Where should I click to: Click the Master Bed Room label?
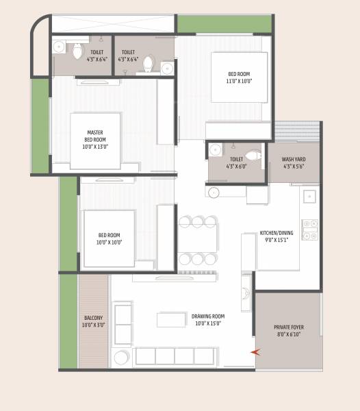click(96, 136)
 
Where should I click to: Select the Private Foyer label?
click(288, 327)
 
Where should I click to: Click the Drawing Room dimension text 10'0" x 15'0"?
click(208, 324)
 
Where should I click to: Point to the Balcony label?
click(94, 318)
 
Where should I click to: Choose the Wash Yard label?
click(294, 159)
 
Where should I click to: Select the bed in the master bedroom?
click(96, 140)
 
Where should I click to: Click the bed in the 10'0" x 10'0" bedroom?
click(109, 238)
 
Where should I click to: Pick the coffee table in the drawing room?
click(171, 320)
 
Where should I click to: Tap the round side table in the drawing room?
click(122, 357)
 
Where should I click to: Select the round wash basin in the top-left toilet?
click(59, 47)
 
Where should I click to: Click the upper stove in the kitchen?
click(310, 223)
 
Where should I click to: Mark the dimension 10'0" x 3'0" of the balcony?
click(94, 325)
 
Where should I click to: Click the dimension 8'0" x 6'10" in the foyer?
click(288, 336)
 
